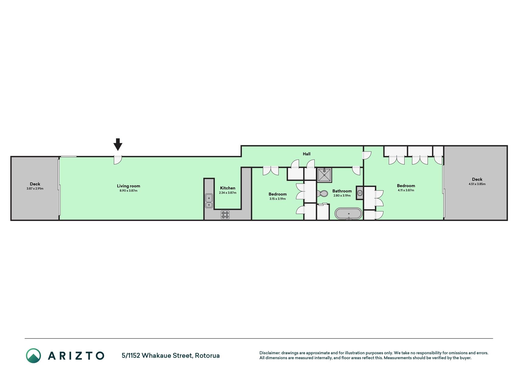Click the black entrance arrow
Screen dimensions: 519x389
(x=118, y=144)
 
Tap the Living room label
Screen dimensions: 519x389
(x=129, y=186)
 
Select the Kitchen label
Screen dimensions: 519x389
(x=228, y=188)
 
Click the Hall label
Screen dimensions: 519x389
(x=306, y=154)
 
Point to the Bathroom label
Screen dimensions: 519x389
(x=342, y=191)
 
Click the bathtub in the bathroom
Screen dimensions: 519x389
(x=348, y=213)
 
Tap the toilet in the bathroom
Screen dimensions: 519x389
(x=322, y=193)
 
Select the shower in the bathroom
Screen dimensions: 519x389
(x=324, y=175)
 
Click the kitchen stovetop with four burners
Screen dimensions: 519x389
(x=225, y=215)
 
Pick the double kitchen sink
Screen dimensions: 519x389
(x=209, y=201)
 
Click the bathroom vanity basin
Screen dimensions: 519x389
(x=360, y=193)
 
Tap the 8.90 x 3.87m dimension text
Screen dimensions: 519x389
(x=129, y=191)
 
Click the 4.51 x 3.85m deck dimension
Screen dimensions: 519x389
(x=477, y=184)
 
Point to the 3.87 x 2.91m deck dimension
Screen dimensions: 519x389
(x=35, y=189)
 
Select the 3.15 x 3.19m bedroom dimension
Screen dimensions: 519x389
(x=278, y=199)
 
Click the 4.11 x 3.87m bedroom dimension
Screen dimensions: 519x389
(x=406, y=191)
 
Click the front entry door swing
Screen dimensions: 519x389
(x=118, y=160)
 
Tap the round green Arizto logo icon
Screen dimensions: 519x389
(x=33, y=356)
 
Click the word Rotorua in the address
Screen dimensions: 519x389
(x=207, y=356)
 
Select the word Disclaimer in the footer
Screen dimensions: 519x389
(x=270, y=353)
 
